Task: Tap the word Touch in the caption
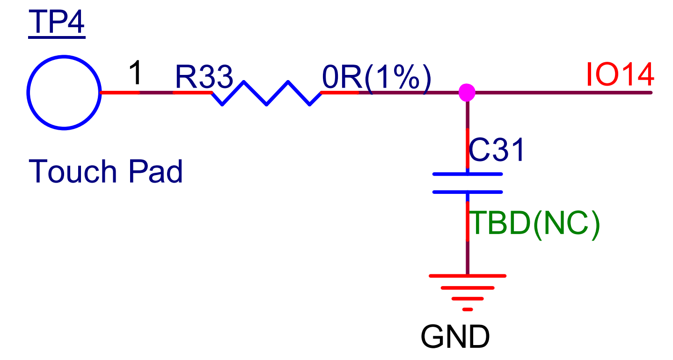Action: click(x=73, y=171)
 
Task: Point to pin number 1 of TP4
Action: click(x=135, y=74)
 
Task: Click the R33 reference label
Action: click(x=204, y=77)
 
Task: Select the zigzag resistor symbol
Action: click(x=266, y=93)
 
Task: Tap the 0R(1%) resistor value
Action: click(x=376, y=77)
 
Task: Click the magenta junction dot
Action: click(x=467, y=92)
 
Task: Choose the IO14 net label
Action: click(x=619, y=75)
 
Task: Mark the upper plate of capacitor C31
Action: click(x=467, y=174)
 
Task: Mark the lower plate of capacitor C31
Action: click(x=467, y=191)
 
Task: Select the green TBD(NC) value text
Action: click(x=534, y=224)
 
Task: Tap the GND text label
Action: click(x=455, y=337)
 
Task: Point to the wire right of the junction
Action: click(x=562, y=93)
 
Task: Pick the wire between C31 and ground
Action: click(x=467, y=257)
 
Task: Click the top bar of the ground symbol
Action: click(x=467, y=276)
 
